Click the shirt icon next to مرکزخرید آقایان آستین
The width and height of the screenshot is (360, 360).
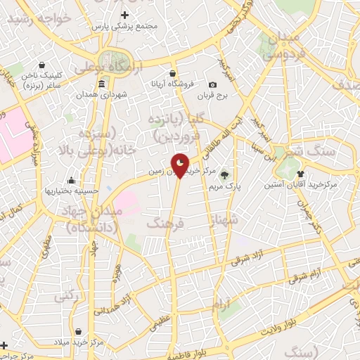coord(301,172)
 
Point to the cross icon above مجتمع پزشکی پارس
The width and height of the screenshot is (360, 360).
coord(125,15)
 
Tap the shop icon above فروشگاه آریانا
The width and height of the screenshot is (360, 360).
coord(172,72)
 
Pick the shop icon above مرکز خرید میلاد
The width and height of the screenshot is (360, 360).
coord(77,330)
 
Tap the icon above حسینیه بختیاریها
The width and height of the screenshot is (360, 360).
coord(70,180)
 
